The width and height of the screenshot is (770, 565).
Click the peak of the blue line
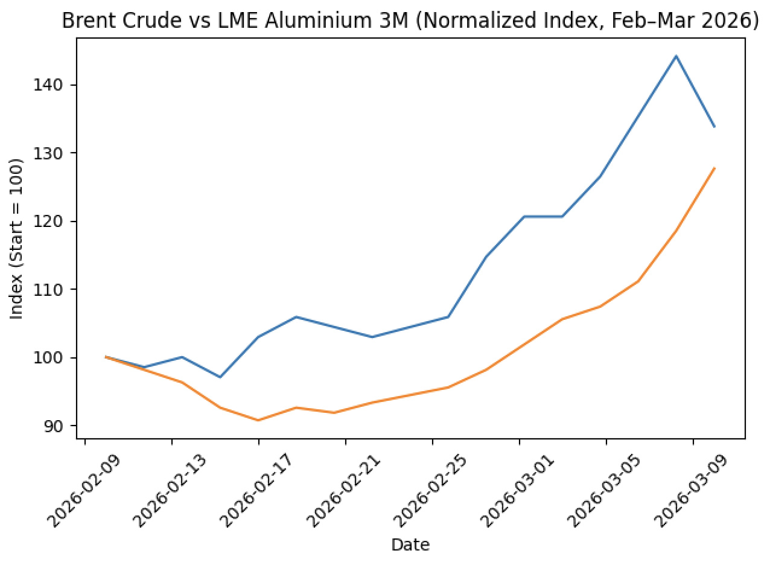(676, 56)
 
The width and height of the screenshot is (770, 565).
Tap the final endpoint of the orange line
(714, 168)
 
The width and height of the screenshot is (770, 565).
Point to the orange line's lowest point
(258, 420)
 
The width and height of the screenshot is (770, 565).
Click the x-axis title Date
(410, 545)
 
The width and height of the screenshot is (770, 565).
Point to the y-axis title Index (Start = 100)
(16, 238)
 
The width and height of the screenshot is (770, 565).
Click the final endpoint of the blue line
(714, 127)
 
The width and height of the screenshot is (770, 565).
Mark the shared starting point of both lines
(106, 357)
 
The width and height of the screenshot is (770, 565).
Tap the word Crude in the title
(136, 21)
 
